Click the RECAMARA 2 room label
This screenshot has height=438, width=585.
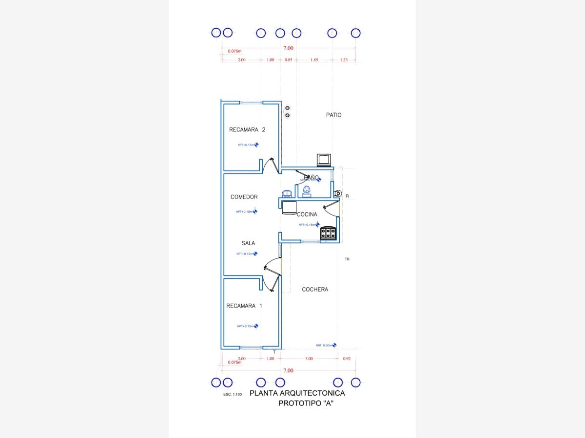(x=247, y=129)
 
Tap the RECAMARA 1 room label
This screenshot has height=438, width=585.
(x=244, y=306)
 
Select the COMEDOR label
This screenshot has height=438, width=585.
(x=244, y=197)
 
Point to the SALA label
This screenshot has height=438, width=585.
(x=248, y=243)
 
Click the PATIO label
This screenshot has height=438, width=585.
(x=333, y=115)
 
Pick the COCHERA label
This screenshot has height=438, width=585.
(x=314, y=290)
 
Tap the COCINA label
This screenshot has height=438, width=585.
(x=307, y=214)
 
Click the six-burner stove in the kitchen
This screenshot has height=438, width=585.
(x=328, y=233)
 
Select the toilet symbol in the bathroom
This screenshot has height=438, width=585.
(x=307, y=191)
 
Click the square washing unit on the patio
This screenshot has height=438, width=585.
(x=324, y=159)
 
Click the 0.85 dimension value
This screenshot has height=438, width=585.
(x=288, y=60)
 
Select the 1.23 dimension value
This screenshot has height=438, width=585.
(x=344, y=60)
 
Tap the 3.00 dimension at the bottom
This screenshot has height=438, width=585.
(x=309, y=359)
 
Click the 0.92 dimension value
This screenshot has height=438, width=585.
(x=347, y=359)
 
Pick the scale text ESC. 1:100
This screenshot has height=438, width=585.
(x=233, y=394)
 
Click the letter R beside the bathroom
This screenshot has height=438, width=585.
(x=347, y=196)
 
